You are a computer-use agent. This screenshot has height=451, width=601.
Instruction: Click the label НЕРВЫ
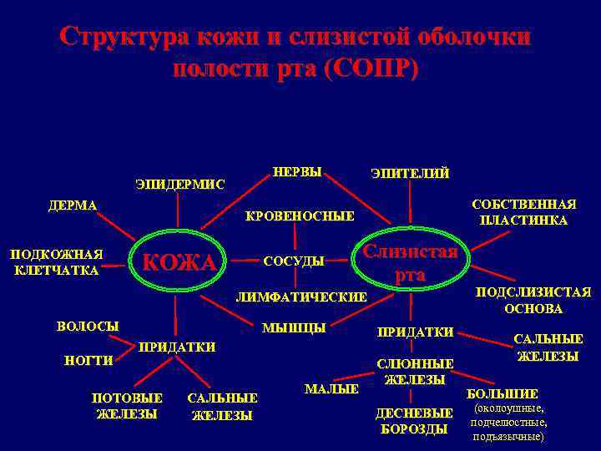[297, 172]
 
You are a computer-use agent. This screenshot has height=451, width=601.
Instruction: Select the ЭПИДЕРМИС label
[180, 185]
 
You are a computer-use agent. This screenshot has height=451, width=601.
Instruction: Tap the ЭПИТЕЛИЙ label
[410, 174]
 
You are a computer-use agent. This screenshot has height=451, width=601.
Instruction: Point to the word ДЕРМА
[72, 205]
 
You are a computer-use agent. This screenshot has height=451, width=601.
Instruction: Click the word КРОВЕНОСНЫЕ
[300, 216]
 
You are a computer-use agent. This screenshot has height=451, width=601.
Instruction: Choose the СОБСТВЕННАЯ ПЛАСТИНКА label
[523, 213]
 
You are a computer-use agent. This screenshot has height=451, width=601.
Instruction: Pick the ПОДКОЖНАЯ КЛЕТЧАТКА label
[57, 262]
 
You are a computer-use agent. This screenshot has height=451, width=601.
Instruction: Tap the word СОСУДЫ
[294, 261]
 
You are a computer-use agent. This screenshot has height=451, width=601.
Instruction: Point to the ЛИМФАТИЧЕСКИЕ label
[301, 297]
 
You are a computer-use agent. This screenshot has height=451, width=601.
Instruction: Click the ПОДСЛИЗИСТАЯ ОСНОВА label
[533, 300]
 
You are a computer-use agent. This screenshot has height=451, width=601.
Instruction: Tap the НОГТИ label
[88, 361]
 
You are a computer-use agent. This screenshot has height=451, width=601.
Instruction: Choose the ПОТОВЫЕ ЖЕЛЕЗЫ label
[127, 405]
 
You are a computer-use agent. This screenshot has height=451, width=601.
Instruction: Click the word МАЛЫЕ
[331, 389]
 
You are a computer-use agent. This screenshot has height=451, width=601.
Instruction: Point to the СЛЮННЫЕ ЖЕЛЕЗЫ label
[415, 372]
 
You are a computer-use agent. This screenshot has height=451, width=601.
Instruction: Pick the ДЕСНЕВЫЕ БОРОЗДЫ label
[415, 421]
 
